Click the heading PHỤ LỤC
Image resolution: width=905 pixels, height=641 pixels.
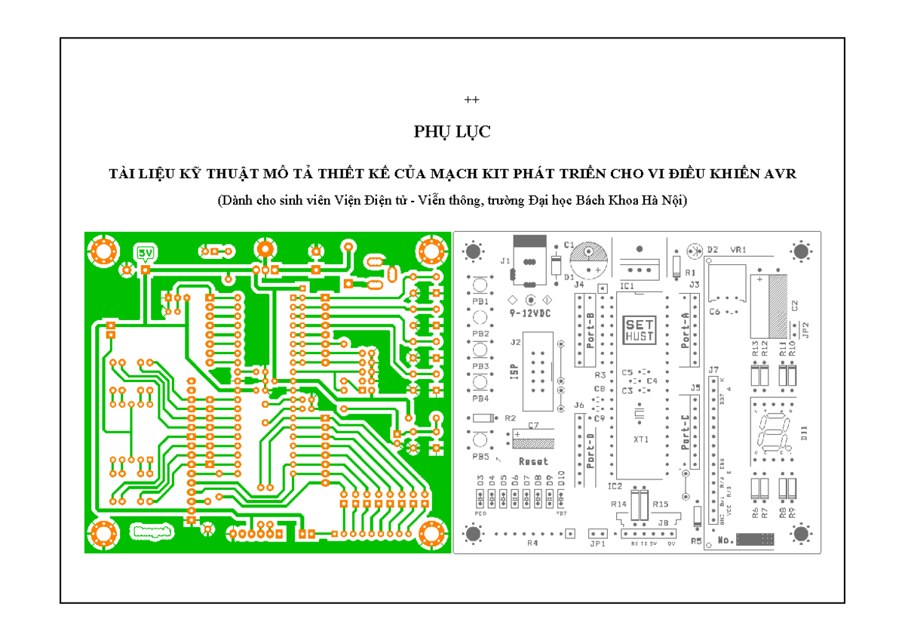452,132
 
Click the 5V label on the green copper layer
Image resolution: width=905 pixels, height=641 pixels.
145,252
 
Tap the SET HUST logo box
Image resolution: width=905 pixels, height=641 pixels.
640,330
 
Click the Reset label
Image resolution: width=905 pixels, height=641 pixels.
533,461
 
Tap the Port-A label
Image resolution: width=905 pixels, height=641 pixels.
686,330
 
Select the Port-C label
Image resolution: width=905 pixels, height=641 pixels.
686,433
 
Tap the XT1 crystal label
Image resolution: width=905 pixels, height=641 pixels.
641,439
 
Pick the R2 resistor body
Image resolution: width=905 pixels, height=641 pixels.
483,418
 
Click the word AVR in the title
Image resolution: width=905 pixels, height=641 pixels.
781,174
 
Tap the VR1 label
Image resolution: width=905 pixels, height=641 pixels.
738,249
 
